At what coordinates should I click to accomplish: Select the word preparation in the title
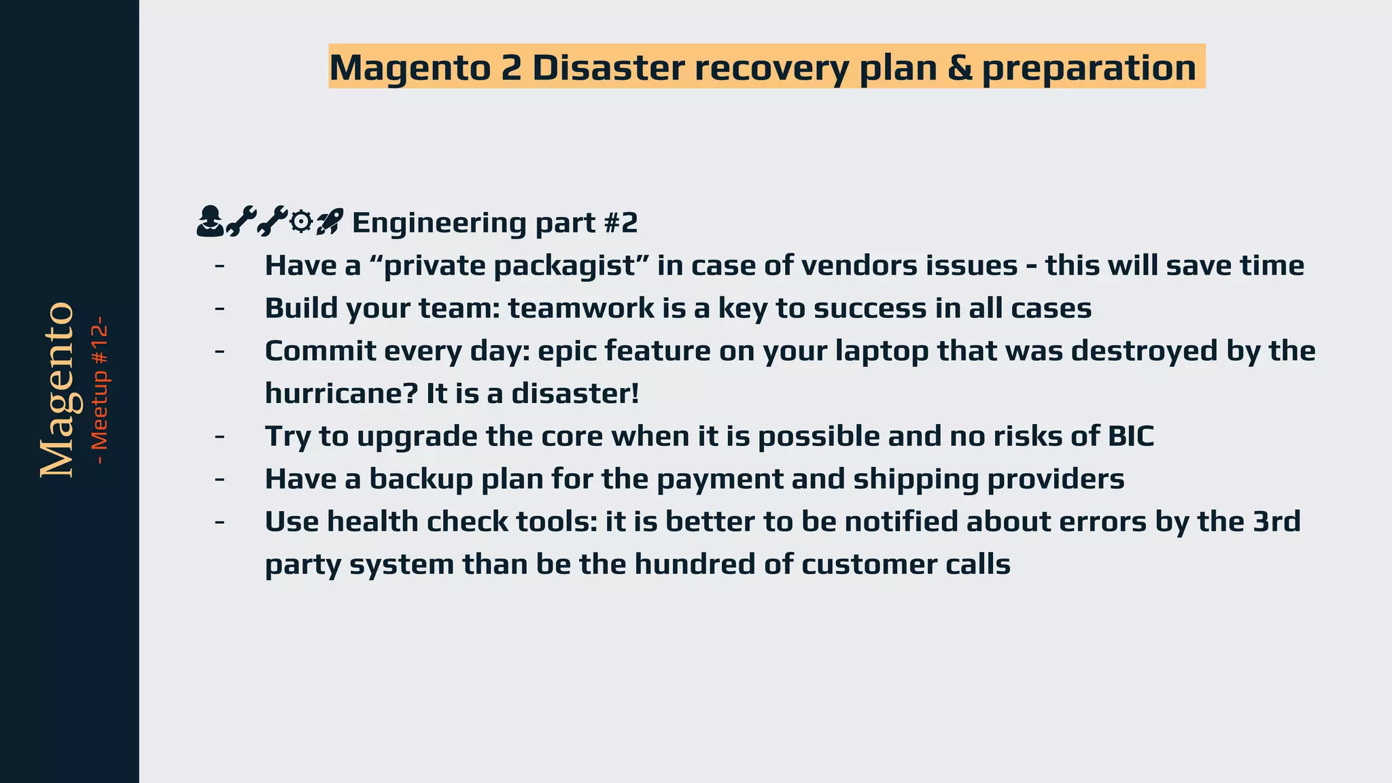coord(1089,68)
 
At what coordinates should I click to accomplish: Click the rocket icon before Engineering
coord(330,222)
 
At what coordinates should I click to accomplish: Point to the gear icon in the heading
coord(300,222)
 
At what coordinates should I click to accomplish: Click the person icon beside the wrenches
coord(209,222)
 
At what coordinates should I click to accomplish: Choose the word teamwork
coord(581,309)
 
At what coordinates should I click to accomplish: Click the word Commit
coord(319,351)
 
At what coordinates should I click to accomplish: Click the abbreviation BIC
coord(1131,436)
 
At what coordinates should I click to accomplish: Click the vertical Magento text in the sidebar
coord(57,390)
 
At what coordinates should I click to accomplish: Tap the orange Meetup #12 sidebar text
coord(100,390)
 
